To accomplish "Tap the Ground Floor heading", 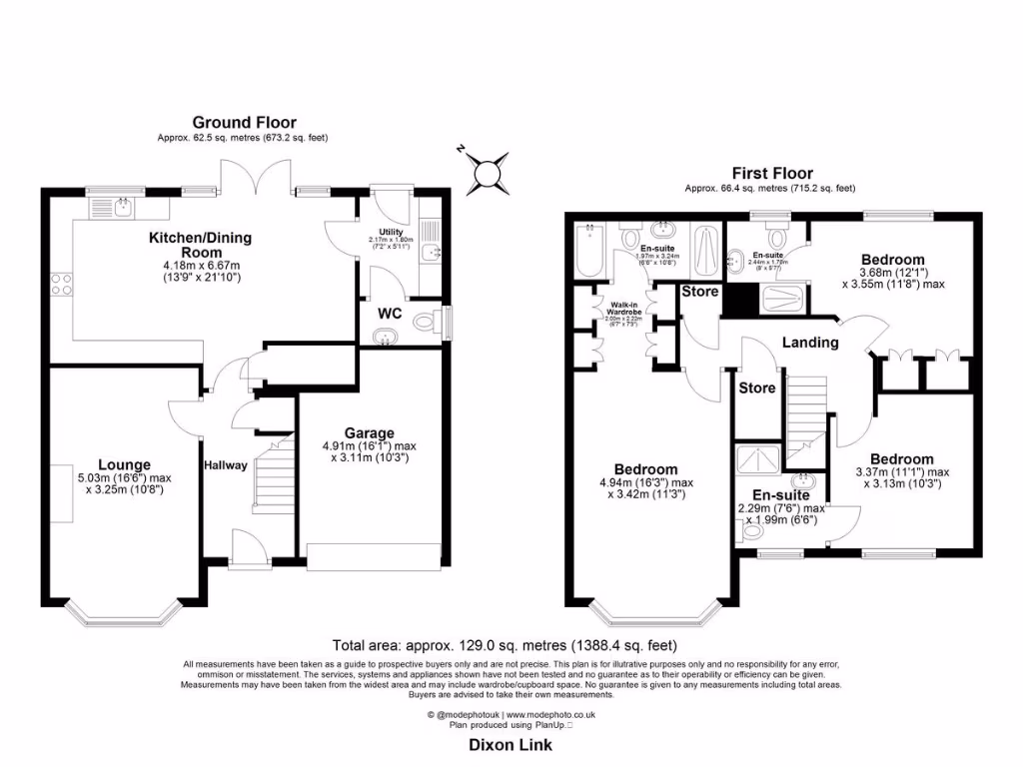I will coord(244,123).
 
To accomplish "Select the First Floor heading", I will coord(771,174).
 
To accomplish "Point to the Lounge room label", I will coord(124,464).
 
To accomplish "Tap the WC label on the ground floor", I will coord(389,313).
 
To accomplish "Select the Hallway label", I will coord(226,465).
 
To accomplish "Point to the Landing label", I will coord(809,343).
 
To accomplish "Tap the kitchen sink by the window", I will coord(118,207).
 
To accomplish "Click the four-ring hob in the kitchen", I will coord(60,283).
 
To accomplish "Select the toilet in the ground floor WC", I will coord(429,323).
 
